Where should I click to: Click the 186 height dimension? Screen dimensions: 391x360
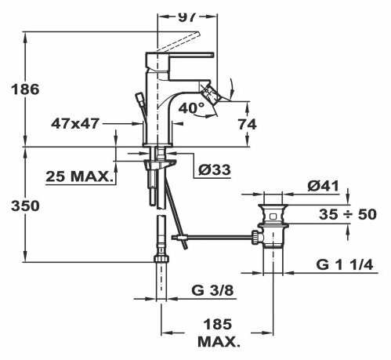25,89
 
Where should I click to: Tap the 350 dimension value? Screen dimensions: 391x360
25,205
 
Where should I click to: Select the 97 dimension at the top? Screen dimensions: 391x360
186,16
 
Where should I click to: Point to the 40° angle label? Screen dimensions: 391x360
191,107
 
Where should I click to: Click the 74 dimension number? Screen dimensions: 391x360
247,124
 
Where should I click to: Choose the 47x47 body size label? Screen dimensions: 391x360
75,123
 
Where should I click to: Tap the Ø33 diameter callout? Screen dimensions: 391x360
214,169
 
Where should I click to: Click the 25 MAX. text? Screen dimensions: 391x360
78,176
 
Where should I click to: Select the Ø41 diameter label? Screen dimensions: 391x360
323,186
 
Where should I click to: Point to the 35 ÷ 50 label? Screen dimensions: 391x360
348,214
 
